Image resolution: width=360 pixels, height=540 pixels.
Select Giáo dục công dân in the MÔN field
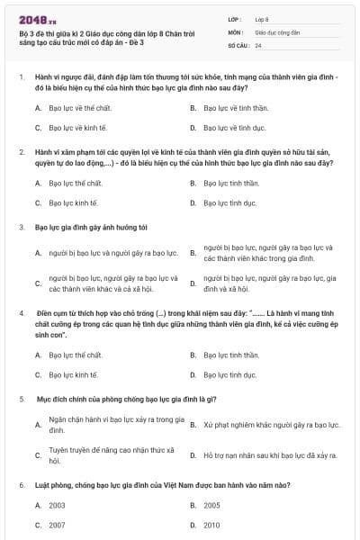pyautogui.click(x=275, y=31)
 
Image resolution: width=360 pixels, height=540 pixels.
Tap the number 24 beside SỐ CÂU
pyautogui.click(x=258, y=44)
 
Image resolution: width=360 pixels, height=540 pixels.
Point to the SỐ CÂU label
pyautogui.click(x=238, y=44)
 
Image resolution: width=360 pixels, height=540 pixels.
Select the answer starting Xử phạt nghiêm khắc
pyautogui.click(x=271, y=424)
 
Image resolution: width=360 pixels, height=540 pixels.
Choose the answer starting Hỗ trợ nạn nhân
pyautogui.click(x=270, y=455)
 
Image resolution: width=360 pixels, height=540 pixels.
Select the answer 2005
pyautogui.click(x=212, y=506)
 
